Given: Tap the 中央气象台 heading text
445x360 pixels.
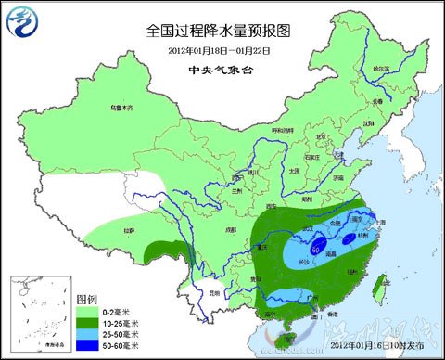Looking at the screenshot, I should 222,70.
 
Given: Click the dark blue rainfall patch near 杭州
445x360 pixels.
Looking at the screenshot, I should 348,235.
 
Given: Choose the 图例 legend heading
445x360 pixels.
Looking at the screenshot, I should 85,300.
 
